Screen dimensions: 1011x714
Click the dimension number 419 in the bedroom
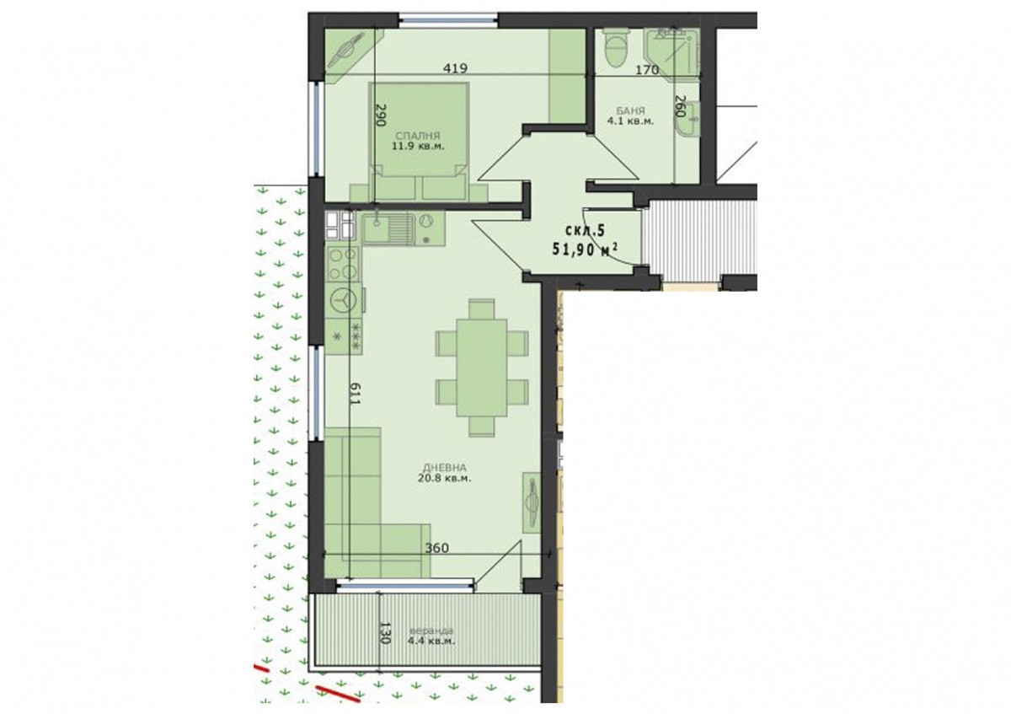[x=455, y=68]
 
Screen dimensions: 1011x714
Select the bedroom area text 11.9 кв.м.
[x=418, y=146]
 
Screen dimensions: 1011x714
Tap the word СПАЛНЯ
[x=418, y=136]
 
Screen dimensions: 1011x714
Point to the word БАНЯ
[x=630, y=110]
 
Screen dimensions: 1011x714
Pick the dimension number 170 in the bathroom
[x=647, y=70]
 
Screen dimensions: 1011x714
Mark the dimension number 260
[x=680, y=106]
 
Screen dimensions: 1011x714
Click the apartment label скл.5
[x=585, y=230]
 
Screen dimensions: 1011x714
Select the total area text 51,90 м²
[x=585, y=249]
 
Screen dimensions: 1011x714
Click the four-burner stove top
[x=342, y=264]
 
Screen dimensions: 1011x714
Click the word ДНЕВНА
[x=445, y=468]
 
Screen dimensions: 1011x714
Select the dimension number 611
[x=356, y=395]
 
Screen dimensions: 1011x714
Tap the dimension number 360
[x=437, y=548]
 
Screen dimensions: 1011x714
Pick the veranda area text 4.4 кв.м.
[x=431, y=641]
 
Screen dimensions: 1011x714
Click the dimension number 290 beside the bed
[x=382, y=115]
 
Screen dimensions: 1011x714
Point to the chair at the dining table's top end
[x=482, y=309]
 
